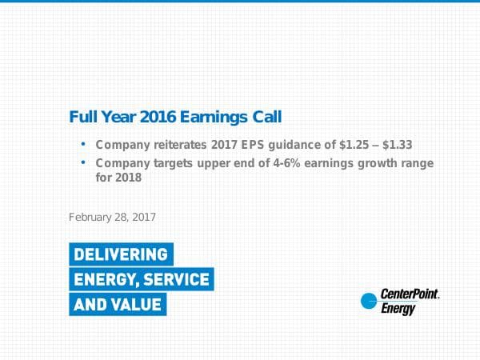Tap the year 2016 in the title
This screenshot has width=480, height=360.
tap(158, 117)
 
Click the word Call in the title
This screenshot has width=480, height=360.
tap(266, 117)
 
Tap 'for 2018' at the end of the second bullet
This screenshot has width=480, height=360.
tap(118, 178)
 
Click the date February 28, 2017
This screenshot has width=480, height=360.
tap(112, 217)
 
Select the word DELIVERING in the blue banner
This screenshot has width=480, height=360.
tap(121, 254)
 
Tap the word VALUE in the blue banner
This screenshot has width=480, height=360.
tap(135, 304)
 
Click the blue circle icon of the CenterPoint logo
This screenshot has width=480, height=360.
tap(368, 302)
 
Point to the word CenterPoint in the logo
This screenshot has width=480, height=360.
tap(410, 295)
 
